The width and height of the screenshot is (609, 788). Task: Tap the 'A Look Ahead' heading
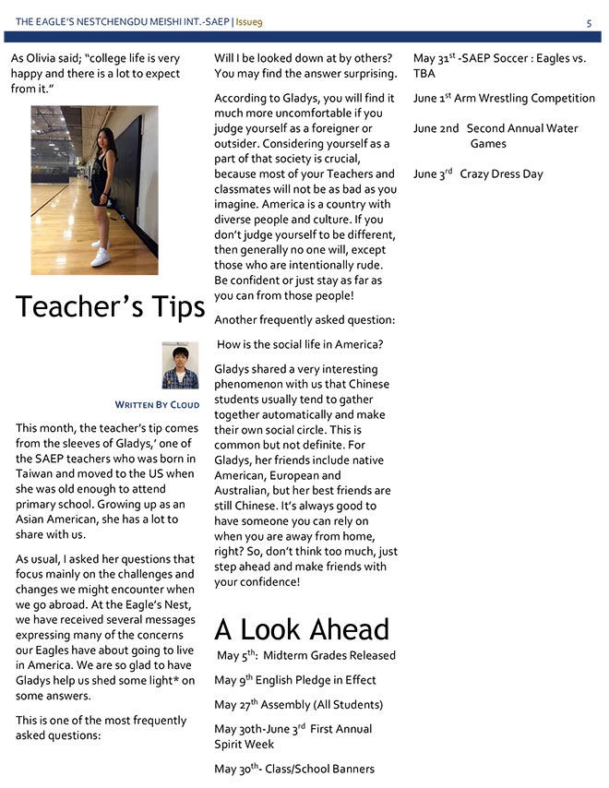pos(301,629)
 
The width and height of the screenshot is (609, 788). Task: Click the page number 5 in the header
pos(589,22)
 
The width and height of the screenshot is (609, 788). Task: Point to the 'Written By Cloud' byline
pos(157,405)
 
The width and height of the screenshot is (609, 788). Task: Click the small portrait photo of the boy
pos(180,365)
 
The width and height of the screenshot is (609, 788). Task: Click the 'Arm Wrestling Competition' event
pos(522,99)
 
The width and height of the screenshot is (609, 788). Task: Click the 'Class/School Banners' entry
pos(319,769)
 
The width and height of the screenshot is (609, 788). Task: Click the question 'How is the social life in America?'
pos(300,345)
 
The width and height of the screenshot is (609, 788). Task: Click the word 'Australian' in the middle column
pos(245,490)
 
